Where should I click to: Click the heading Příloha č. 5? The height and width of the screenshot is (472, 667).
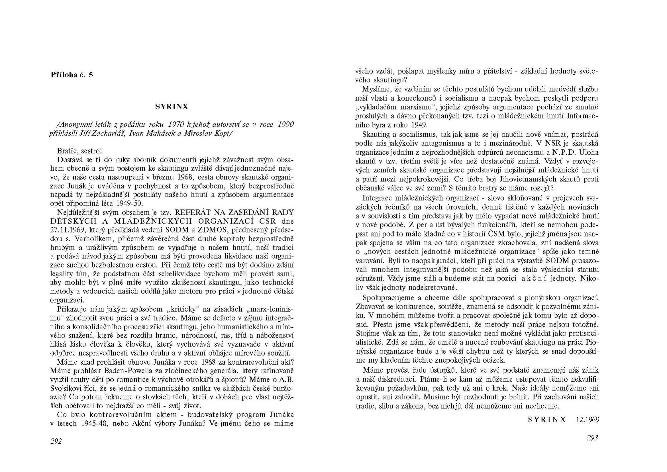(72, 75)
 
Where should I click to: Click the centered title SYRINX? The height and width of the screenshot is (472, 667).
(172, 107)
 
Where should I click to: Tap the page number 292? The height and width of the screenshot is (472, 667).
(56, 441)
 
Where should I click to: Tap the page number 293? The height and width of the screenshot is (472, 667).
(592, 438)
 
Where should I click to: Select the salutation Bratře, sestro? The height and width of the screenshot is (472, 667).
(79, 151)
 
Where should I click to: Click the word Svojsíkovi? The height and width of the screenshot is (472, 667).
(65, 389)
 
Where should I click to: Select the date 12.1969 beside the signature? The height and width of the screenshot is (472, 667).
(587, 420)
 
